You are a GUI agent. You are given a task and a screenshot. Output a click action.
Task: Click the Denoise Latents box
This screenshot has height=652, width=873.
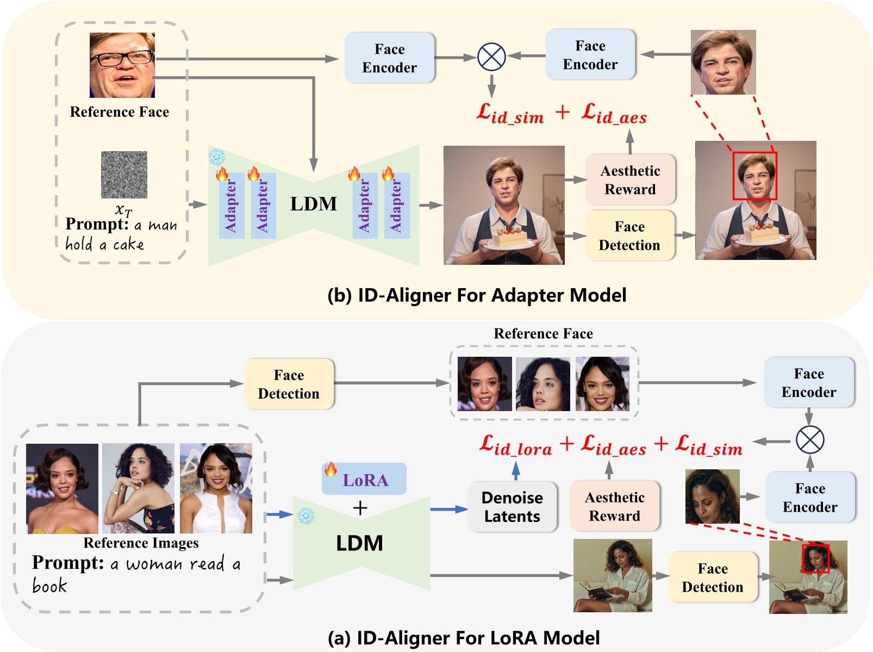point(512,507)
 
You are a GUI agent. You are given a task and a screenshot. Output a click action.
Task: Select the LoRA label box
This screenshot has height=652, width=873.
point(364,479)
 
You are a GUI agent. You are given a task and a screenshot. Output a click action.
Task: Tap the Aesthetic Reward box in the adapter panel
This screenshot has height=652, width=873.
point(630,180)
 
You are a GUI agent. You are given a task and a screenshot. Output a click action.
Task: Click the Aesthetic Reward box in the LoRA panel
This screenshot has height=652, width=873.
point(614,506)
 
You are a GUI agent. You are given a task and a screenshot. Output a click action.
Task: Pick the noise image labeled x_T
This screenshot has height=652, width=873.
point(124,175)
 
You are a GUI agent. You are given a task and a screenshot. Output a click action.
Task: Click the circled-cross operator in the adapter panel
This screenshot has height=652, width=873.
point(491,57)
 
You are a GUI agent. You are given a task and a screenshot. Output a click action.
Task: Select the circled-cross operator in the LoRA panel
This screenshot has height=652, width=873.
point(809,440)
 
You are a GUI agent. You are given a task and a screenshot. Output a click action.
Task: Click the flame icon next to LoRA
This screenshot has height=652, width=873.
point(331,469)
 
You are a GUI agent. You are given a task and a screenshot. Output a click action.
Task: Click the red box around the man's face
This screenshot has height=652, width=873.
point(754,176)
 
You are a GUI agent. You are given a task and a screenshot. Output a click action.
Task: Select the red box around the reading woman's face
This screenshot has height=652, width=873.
point(816,558)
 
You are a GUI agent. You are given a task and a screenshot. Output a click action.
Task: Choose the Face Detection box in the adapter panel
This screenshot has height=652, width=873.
point(629,236)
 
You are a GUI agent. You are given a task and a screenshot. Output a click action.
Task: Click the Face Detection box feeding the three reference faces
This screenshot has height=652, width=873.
point(289,384)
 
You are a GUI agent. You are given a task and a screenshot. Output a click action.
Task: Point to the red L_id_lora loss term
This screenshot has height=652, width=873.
point(515,446)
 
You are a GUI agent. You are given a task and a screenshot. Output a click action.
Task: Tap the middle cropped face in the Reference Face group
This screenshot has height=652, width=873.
point(542,384)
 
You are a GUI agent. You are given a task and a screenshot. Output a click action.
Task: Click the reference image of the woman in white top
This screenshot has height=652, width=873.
point(216,488)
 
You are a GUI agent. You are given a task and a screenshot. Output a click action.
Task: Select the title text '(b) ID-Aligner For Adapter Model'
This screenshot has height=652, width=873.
point(477,295)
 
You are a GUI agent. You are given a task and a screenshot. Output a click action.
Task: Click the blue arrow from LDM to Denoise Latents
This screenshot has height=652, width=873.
point(448,510)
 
